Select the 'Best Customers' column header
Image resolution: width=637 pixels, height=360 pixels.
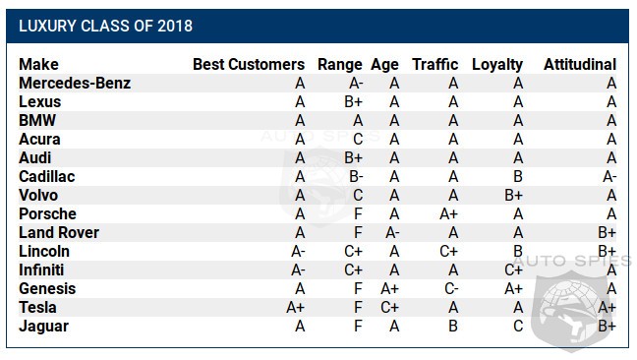pyautogui.click(x=249, y=65)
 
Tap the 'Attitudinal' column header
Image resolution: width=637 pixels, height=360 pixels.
pyautogui.click(x=580, y=65)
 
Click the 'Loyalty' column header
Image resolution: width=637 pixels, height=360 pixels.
pyautogui.click(x=497, y=65)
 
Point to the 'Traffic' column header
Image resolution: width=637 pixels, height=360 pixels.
pyautogui.click(x=435, y=65)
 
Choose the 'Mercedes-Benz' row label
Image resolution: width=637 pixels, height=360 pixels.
pyautogui.click(x=75, y=84)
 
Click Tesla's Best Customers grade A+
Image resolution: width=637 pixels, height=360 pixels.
pyautogui.click(x=296, y=308)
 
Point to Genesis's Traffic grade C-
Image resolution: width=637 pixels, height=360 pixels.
pyautogui.click(x=451, y=289)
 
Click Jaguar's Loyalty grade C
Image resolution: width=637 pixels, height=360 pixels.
pyautogui.click(x=517, y=327)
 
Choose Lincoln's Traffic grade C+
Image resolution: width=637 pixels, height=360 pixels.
pyautogui.click(x=450, y=252)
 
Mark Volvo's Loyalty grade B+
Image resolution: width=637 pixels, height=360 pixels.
pyautogui.click(x=513, y=196)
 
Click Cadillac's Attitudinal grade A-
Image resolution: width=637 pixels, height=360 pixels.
pyautogui.click(x=609, y=177)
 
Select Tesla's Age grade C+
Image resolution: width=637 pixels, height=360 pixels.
pyautogui.click(x=390, y=308)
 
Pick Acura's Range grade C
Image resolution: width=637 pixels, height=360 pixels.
pyautogui.click(x=359, y=140)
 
